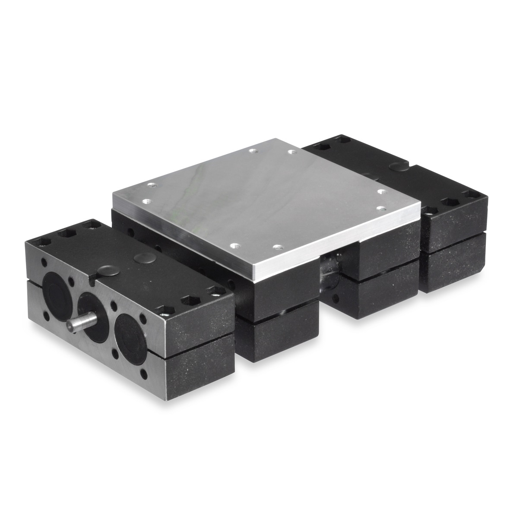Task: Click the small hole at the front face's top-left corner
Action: coord(44,262)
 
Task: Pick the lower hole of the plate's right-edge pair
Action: coord(381,208)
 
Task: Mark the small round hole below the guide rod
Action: coord(335,298)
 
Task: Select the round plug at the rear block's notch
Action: coord(396,166)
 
